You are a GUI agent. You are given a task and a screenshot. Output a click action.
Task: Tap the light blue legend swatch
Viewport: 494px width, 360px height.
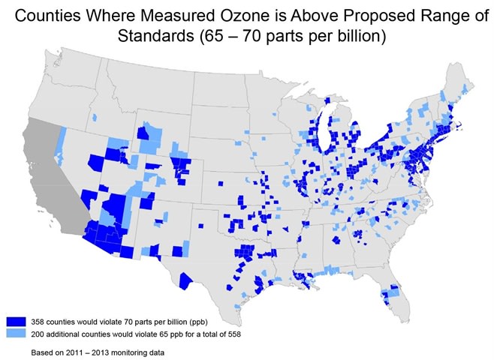click(x=16, y=331)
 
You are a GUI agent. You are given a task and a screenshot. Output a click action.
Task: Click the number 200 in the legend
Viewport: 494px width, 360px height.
click(x=38, y=332)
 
